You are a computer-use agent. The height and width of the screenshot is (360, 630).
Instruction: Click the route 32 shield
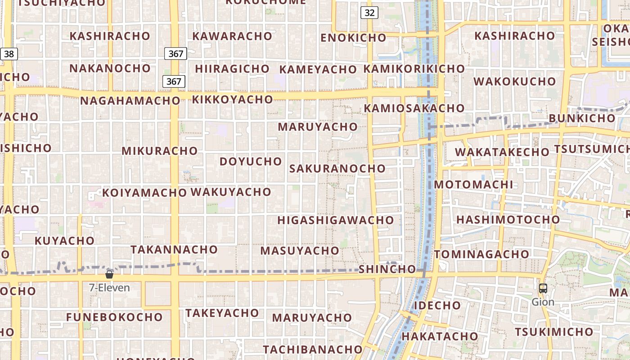point(369,13)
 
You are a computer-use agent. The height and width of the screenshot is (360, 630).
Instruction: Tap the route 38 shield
point(9,54)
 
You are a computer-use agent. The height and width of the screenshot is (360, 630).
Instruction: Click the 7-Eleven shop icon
point(109,274)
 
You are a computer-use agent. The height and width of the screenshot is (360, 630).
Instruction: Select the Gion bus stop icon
point(543,288)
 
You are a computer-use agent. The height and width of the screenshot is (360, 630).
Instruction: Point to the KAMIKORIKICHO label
point(414,69)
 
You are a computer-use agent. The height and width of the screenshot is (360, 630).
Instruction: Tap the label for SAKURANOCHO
point(337,168)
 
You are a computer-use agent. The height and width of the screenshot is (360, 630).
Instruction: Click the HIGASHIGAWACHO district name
point(335,220)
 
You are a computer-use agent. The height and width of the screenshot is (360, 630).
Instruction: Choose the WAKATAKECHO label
point(502,152)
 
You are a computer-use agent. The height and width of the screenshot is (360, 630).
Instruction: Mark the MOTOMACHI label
point(473,184)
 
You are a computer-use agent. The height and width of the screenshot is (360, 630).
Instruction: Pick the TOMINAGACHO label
point(481,254)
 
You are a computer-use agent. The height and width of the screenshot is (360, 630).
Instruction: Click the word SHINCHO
point(387,269)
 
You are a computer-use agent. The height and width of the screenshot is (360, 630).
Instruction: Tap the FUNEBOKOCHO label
point(114,317)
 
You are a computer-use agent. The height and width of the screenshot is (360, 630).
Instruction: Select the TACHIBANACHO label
point(312,349)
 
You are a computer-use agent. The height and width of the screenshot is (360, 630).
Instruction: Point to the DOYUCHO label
point(251,161)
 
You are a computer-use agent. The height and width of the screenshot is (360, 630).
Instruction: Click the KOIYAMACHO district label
point(144,193)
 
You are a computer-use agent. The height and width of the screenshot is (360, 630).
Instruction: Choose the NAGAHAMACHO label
point(130,100)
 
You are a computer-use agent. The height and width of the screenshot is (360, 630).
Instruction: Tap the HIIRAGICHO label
point(232,69)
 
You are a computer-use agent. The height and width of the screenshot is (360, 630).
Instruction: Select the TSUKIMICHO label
point(554,332)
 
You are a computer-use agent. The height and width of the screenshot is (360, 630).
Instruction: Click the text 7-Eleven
point(109,288)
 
